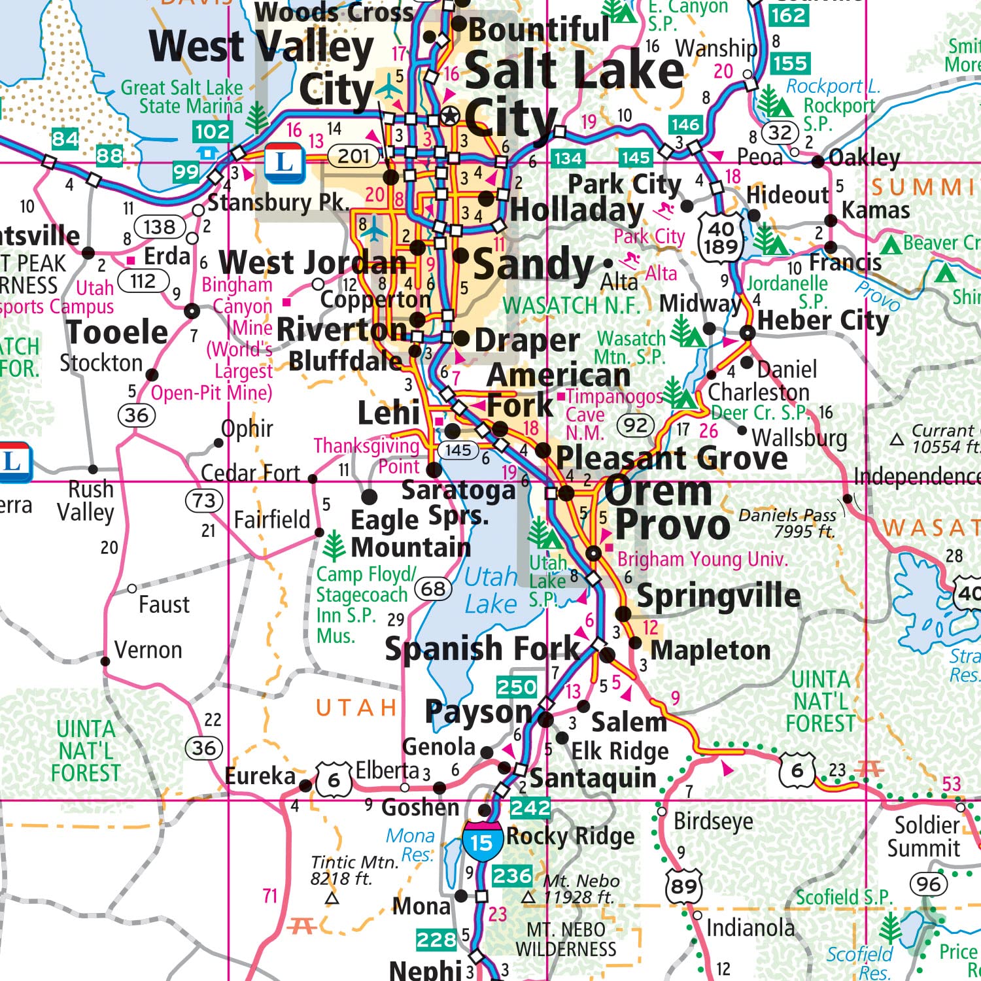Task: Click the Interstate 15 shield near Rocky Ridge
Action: [481, 841]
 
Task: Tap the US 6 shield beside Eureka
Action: [334, 780]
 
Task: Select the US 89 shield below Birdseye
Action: [683, 886]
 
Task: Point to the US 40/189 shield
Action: [721, 237]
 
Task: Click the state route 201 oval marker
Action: [354, 156]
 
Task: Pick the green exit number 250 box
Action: [517, 687]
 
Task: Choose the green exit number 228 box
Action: [436, 940]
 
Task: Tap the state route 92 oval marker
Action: [635, 426]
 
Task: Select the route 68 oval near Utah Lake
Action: [433, 589]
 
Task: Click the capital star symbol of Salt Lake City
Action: [450, 116]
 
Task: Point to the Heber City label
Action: [823, 320]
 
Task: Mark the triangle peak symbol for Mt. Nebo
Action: [528, 898]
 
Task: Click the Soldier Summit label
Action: [924, 836]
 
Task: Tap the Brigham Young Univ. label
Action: [702, 559]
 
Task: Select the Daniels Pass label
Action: [787, 523]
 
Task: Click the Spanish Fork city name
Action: [482, 649]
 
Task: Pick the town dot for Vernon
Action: [105, 661]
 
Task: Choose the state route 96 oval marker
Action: [928, 884]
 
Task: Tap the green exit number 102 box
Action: [212, 131]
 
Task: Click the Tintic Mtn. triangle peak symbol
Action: [332, 899]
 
